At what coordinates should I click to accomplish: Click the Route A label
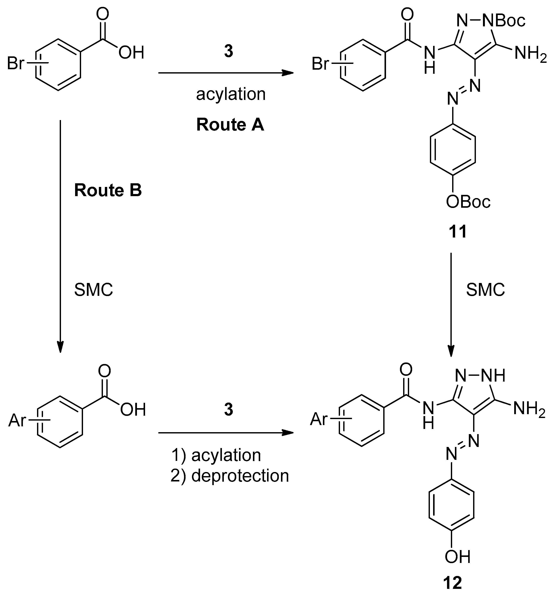pyautogui.click(x=230, y=125)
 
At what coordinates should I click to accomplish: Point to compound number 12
pyautogui.click(x=453, y=582)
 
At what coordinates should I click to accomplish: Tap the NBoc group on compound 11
pyautogui.click(x=504, y=21)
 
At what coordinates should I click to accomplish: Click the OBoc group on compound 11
pyautogui.click(x=468, y=202)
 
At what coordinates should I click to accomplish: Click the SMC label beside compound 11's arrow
pyautogui.click(x=485, y=289)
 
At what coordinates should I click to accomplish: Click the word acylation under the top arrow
pyautogui.click(x=231, y=94)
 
